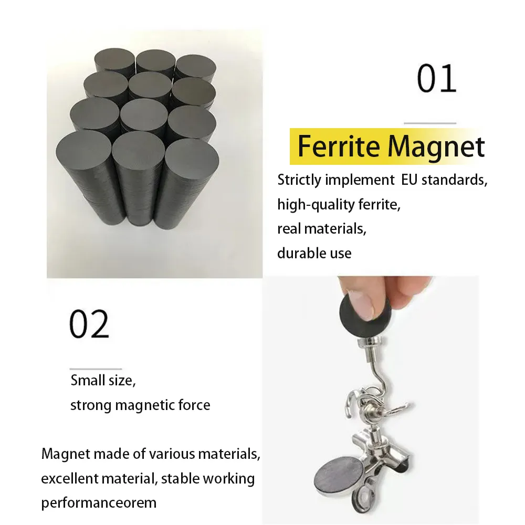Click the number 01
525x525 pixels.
(437, 78)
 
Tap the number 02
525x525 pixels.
(89, 323)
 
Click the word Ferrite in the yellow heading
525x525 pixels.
(339, 146)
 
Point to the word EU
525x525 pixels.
(409, 180)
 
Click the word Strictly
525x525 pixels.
(299, 181)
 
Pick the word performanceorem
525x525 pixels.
(99, 503)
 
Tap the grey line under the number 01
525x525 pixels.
(430, 123)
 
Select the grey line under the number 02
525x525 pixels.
(96, 369)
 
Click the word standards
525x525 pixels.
(454, 180)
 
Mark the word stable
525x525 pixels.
(180, 478)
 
